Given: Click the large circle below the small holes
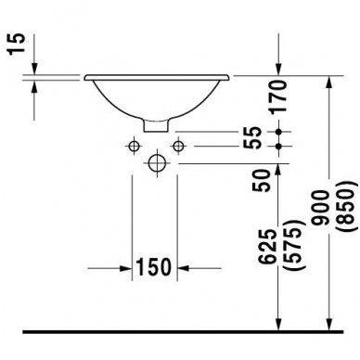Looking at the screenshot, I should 156,162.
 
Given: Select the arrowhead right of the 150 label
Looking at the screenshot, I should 182,268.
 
